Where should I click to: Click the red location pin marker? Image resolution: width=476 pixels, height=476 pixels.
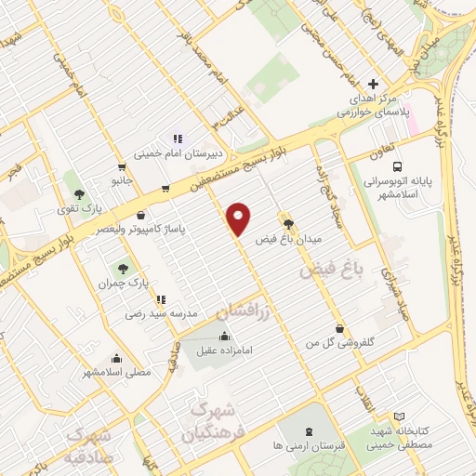[240, 218]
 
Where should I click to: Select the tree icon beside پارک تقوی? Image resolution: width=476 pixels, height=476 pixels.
[81, 194]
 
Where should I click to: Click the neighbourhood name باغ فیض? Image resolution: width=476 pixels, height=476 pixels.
[328, 271]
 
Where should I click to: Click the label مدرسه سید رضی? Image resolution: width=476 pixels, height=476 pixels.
[162, 314]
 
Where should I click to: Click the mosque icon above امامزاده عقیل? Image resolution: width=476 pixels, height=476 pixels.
[223, 337]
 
